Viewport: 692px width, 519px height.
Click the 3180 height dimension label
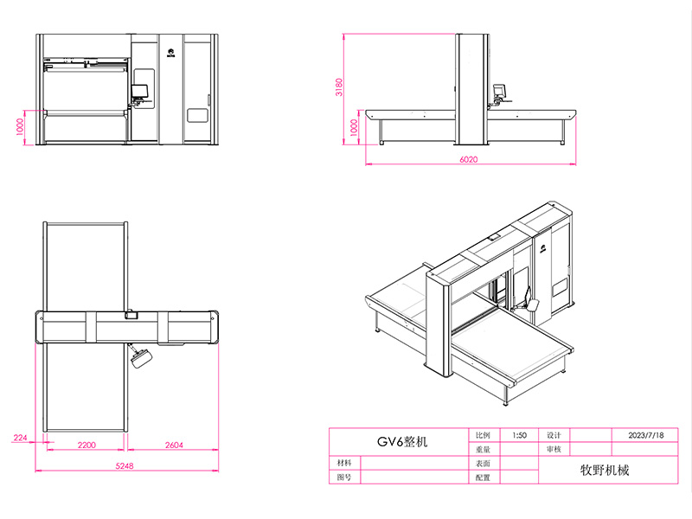pos(338,87)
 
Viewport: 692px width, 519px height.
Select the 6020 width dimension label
pos(468,159)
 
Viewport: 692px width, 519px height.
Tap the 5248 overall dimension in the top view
pos(125,465)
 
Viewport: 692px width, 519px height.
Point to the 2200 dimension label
pos(86,445)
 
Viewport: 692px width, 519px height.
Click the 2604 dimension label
pos(174,445)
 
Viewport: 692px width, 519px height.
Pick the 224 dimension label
pos(20,438)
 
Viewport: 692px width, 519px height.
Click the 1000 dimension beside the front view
pos(20,126)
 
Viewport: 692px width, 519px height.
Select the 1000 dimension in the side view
pos(354,127)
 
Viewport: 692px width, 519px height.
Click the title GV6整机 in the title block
pos(402,441)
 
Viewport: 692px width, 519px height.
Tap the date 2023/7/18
pos(645,435)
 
